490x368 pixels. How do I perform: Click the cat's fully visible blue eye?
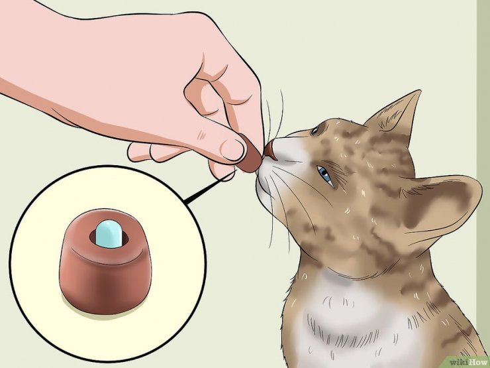(324, 175)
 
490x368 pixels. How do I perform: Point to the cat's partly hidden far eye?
(315, 130)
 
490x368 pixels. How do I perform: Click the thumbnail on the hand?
(232, 150)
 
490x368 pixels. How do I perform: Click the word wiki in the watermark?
(459, 363)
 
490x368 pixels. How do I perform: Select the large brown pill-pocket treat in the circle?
(105, 262)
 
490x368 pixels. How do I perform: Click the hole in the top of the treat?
(109, 239)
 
